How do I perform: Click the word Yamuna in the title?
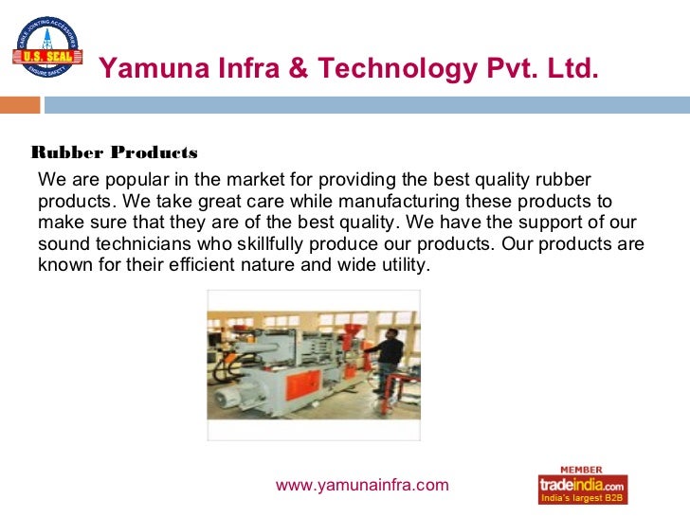coord(144,68)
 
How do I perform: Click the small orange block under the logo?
coord(25,104)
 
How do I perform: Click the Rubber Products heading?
coord(115,152)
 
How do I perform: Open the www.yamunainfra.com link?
coord(361,486)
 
